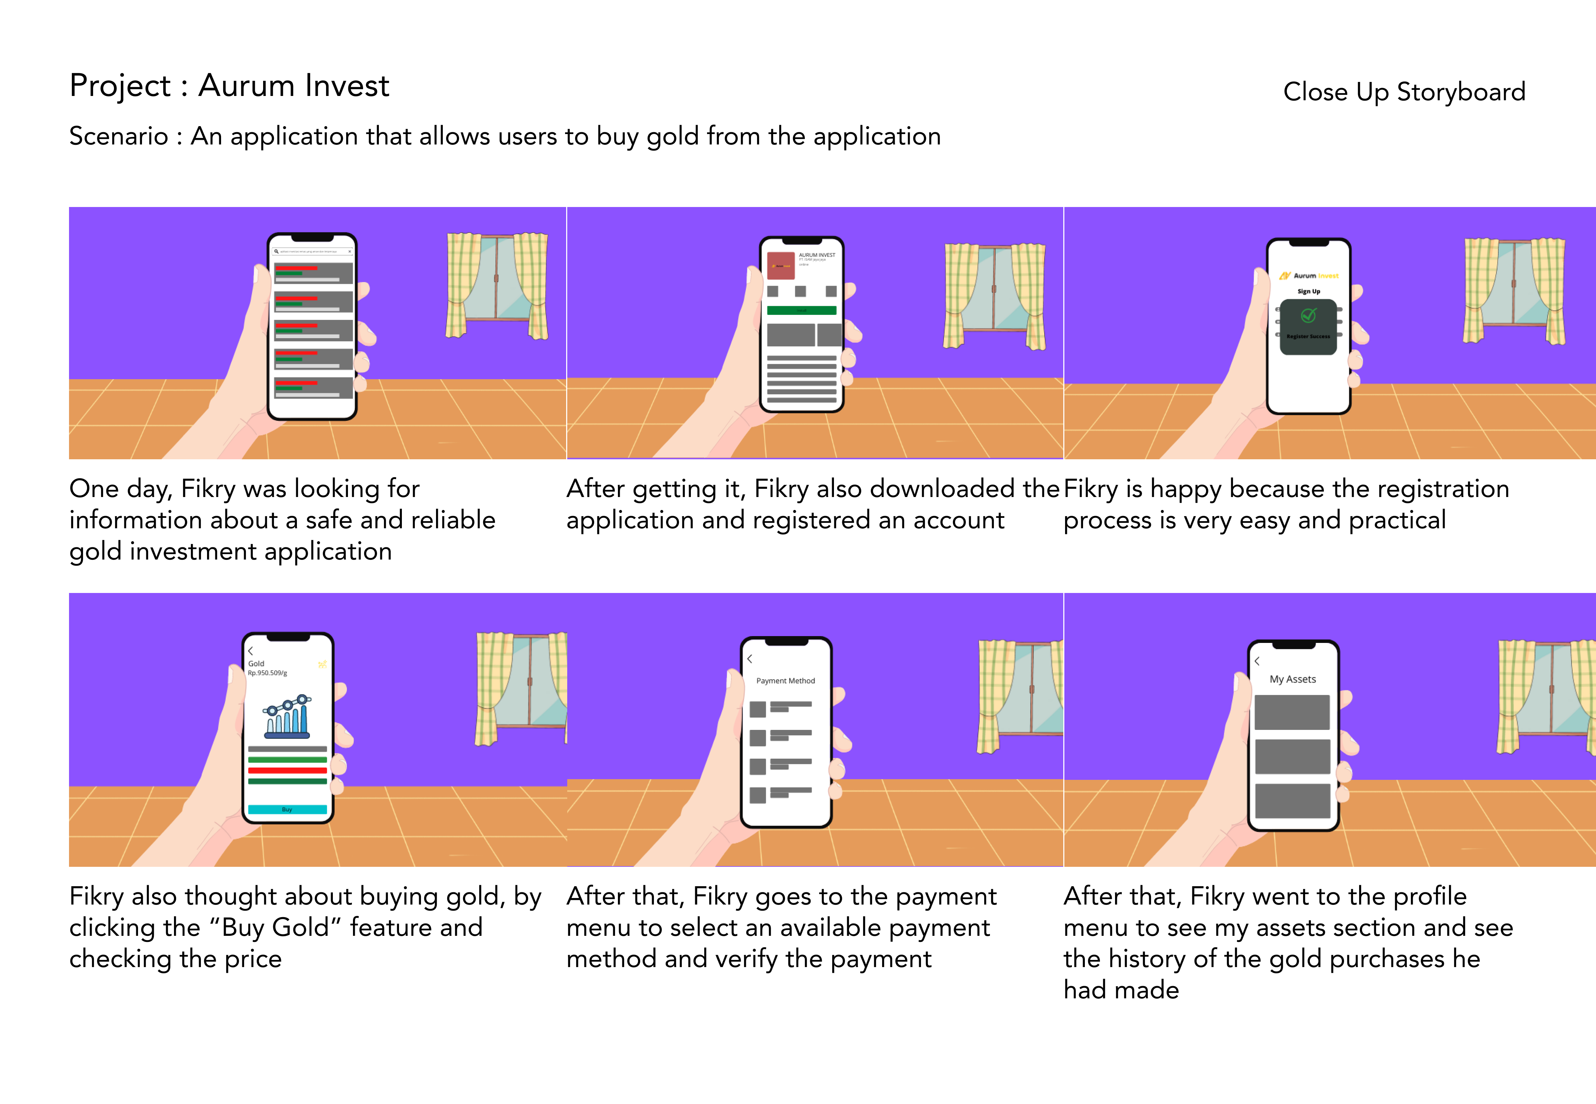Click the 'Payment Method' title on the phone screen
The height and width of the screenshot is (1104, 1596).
click(x=785, y=681)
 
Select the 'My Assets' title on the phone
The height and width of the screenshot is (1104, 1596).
click(x=1292, y=679)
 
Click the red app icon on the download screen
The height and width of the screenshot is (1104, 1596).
click(x=780, y=266)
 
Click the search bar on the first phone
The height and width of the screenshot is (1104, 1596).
click(x=313, y=252)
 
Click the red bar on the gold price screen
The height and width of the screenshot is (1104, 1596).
click(x=287, y=770)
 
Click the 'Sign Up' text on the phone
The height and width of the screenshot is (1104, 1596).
click(x=1308, y=291)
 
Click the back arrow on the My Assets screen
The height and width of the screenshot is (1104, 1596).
click(x=1257, y=661)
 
